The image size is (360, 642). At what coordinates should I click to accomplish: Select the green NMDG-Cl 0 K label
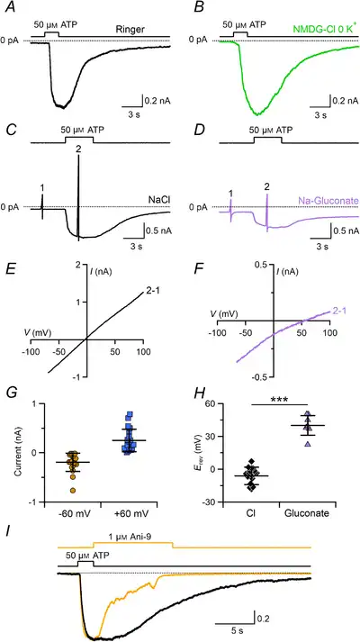[325, 30]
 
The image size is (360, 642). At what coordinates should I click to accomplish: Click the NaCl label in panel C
[158, 200]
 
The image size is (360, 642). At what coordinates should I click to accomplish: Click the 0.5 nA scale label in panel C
[158, 231]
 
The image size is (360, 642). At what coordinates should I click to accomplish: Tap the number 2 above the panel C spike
[78, 149]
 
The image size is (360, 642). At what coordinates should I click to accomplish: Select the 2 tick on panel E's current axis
[77, 265]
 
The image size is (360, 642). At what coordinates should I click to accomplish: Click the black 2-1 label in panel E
[153, 292]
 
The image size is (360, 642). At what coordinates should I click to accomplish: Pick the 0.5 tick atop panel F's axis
[261, 264]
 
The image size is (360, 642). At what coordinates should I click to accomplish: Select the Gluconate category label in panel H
[306, 512]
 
